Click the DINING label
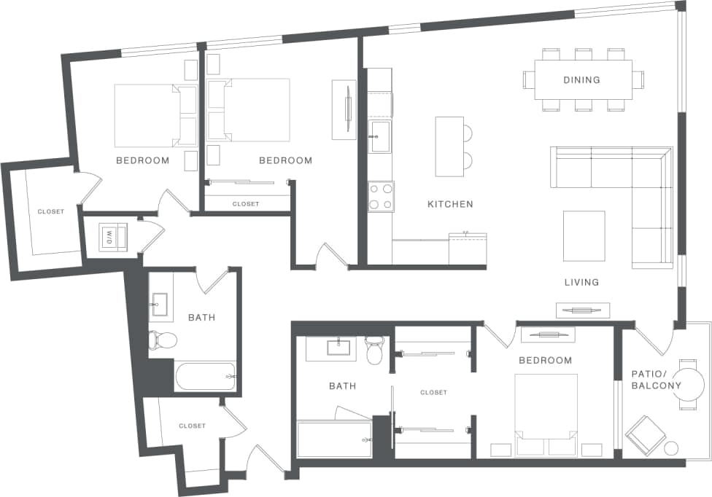[x=582, y=80]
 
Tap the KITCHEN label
[x=450, y=205]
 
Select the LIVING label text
[x=581, y=282]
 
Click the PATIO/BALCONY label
[x=656, y=380]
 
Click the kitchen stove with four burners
[x=380, y=196]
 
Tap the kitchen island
[x=449, y=146]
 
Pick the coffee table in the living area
[x=584, y=235]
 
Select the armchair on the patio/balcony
[x=646, y=434]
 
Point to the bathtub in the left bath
[x=205, y=376]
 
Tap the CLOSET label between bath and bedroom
[x=433, y=393]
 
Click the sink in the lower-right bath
[x=341, y=348]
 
